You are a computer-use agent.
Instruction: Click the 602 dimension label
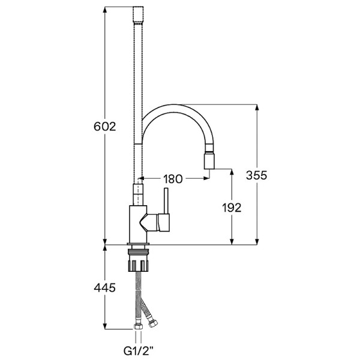coord(104,127)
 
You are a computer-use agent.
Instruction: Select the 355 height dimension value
coord(257,175)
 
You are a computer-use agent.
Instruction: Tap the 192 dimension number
coord(232,208)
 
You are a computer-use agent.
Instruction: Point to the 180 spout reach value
coord(173,179)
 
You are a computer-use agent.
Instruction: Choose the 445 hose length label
coord(104,287)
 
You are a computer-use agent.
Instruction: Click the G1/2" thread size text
coord(139,351)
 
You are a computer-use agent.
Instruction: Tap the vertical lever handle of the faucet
coord(166,201)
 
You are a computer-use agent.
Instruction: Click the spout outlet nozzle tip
coord(209,161)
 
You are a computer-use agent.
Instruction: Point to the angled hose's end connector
coord(152,323)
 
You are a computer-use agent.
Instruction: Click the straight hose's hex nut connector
coord(138,326)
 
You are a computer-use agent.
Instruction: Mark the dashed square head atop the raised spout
coord(138,15)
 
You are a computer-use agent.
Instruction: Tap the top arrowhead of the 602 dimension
coord(105,10)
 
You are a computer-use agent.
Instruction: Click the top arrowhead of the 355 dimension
coord(257,107)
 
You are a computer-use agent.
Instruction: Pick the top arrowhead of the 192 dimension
coord(232,172)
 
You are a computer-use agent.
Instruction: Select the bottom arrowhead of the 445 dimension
coord(105,326)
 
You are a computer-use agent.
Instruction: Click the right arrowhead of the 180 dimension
coord(206,178)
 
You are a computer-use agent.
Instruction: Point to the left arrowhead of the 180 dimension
coord(141,178)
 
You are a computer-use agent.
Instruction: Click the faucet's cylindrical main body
coord(138,224)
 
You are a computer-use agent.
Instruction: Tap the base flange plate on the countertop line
coord(138,244)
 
